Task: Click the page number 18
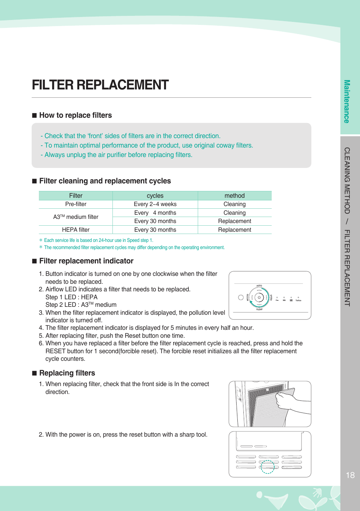(x=350, y=475)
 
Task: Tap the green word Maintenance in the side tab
(x=347, y=101)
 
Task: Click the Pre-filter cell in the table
(x=75, y=204)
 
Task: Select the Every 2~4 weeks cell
(x=155, y=204)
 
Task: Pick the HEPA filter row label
(x=75, y=230)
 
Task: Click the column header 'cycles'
(x=155, y=195)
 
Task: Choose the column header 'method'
(x=234, y=195)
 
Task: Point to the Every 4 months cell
(x=155, y=213)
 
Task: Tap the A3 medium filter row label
(x=75, y=217)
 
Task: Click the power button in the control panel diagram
(x=259, y=297)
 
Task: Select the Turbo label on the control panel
(x=298, y=300)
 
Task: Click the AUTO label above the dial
(x=259, y=286)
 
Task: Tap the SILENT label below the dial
(x=259, y=309)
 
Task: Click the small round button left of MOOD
(x=241, y=297)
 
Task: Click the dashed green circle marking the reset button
(x=268, y=467)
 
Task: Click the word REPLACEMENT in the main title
(x=122, y=85)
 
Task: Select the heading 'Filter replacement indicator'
(x=86, y=261)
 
